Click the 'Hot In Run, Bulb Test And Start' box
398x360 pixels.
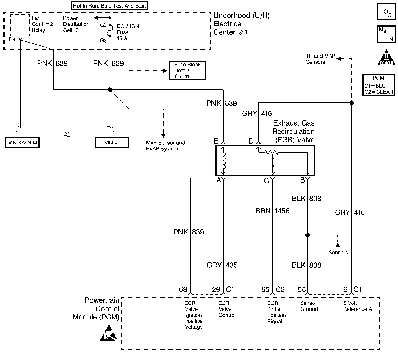click(110, 6)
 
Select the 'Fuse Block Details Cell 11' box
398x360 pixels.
click(187, 71)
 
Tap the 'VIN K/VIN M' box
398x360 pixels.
click(23, 143)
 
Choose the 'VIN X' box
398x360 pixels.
click(111, 143)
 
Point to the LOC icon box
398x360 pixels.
click(386, 12)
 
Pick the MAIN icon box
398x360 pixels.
click(386, 34)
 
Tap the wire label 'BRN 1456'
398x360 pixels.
click(272, 211)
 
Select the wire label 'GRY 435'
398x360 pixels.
click(222, 265)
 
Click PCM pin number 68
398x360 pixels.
click(183, 290)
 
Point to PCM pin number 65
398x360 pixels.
click(265, 290)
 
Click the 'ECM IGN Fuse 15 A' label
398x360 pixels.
click(128, 32)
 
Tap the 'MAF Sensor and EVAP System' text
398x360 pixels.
click(165, 146)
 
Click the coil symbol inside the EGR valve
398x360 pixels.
click(224, 161)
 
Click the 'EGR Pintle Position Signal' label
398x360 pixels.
click(276, 312)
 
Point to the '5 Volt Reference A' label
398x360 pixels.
click(357, 306)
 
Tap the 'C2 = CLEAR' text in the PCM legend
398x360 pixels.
click(379, 92)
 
